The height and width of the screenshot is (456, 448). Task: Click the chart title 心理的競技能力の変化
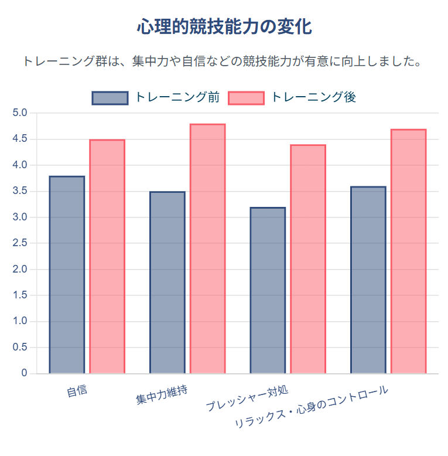pyautogui.click(x=224, y=27)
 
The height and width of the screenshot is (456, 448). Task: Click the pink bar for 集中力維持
pyautogui.click(x=208, y=249)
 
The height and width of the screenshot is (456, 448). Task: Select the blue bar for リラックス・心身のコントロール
pyautogui.click(x=368, y=280)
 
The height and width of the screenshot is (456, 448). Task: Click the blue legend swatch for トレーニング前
pyautogui.click(x=110, y=98)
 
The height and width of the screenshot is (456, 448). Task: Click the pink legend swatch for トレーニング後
pyautogui.click(x=246, y=98)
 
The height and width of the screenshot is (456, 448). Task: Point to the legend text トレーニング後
pyautogui.click(x=314, y=97)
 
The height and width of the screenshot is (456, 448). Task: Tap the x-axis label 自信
pyautogui.click(x=77, y=390)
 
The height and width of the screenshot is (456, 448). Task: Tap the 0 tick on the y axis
pyautogui.click(x=24, y=373)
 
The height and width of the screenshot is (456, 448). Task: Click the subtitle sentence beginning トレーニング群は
pyautogui.click(x=224, y=62)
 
